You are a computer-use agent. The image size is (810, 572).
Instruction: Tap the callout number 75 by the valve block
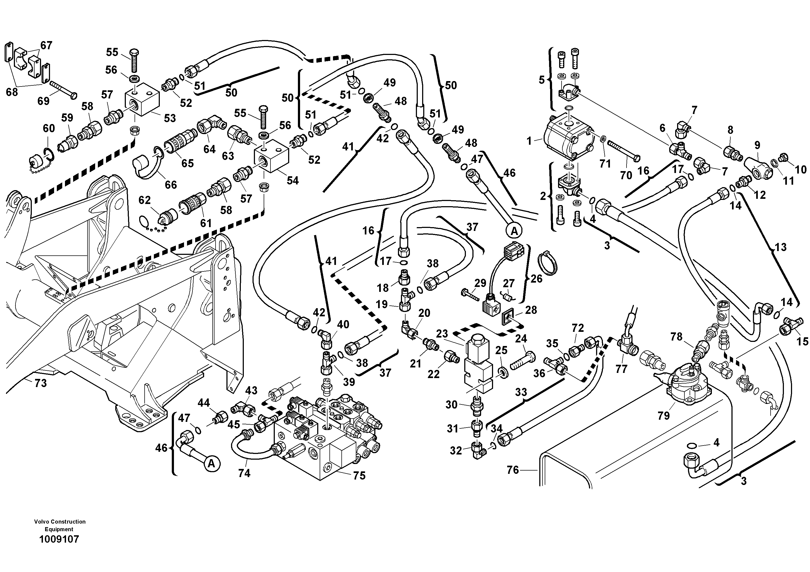[x=359, y=476]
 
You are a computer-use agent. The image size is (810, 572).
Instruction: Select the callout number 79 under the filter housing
[x=663, y=416]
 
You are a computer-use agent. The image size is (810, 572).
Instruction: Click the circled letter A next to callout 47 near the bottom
[x=211, y=463]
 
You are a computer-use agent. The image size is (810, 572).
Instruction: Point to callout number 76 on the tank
[x=513, y=470]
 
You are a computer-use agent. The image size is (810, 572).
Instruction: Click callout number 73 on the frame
[x=40, y=383]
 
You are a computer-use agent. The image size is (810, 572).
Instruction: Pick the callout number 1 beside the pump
[x=529, y=141]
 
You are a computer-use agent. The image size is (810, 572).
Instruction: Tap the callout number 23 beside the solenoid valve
[x=442, y=334]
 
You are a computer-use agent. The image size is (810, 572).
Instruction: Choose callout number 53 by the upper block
[x=170, y=118]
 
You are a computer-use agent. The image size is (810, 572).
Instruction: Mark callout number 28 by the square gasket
[x=531, y=310]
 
